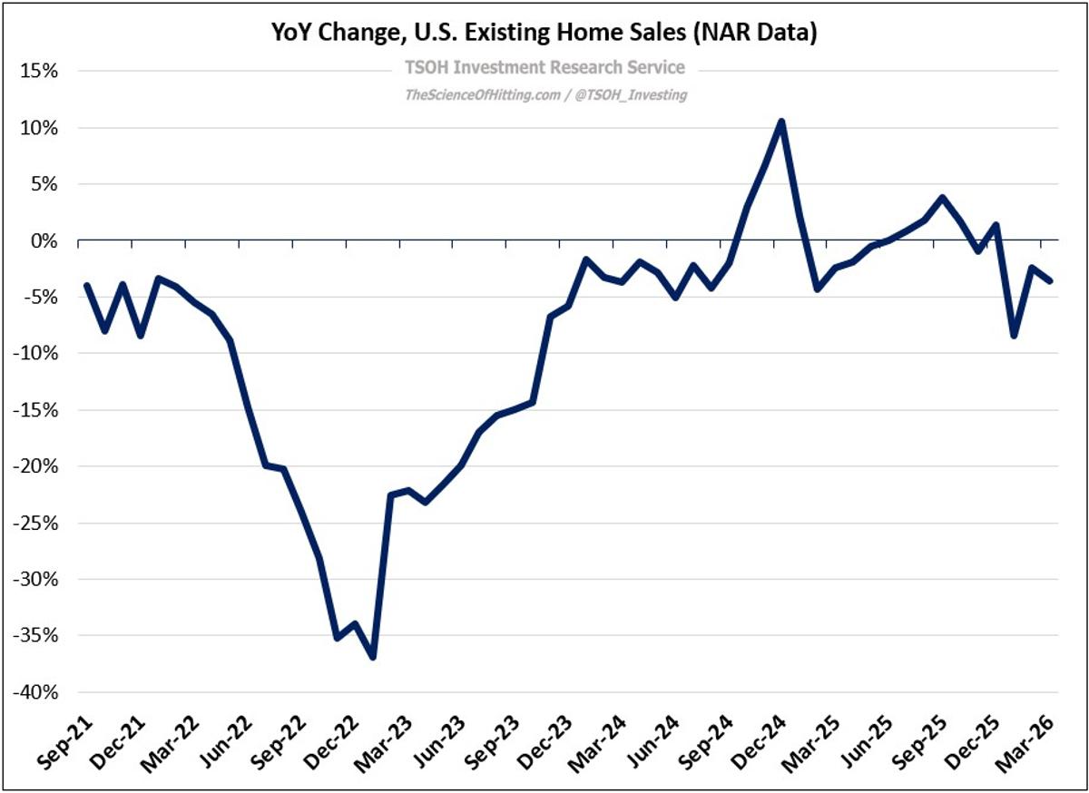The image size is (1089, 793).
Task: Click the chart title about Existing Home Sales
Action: point(544,34)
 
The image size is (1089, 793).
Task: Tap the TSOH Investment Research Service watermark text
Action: point(544,68)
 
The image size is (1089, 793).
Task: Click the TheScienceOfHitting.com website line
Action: point(544,94)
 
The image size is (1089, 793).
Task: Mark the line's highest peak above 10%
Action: point(780,122)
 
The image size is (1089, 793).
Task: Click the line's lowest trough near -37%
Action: point(372,657)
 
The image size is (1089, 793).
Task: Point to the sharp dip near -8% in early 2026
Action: point(1014,336)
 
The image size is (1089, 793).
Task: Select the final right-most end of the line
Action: point(1050,280)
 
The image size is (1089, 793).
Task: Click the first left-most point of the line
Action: point(87,286)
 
